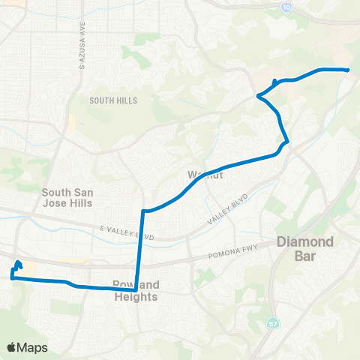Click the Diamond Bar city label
(304, 249)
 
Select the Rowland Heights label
(135, 291)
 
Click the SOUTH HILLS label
(111, 100)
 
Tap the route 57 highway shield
(272, 323)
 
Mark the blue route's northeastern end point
(347, 70)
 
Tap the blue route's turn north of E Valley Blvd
(143, 211)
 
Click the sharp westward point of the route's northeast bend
(259, 95)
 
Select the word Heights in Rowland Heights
(136, 297)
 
